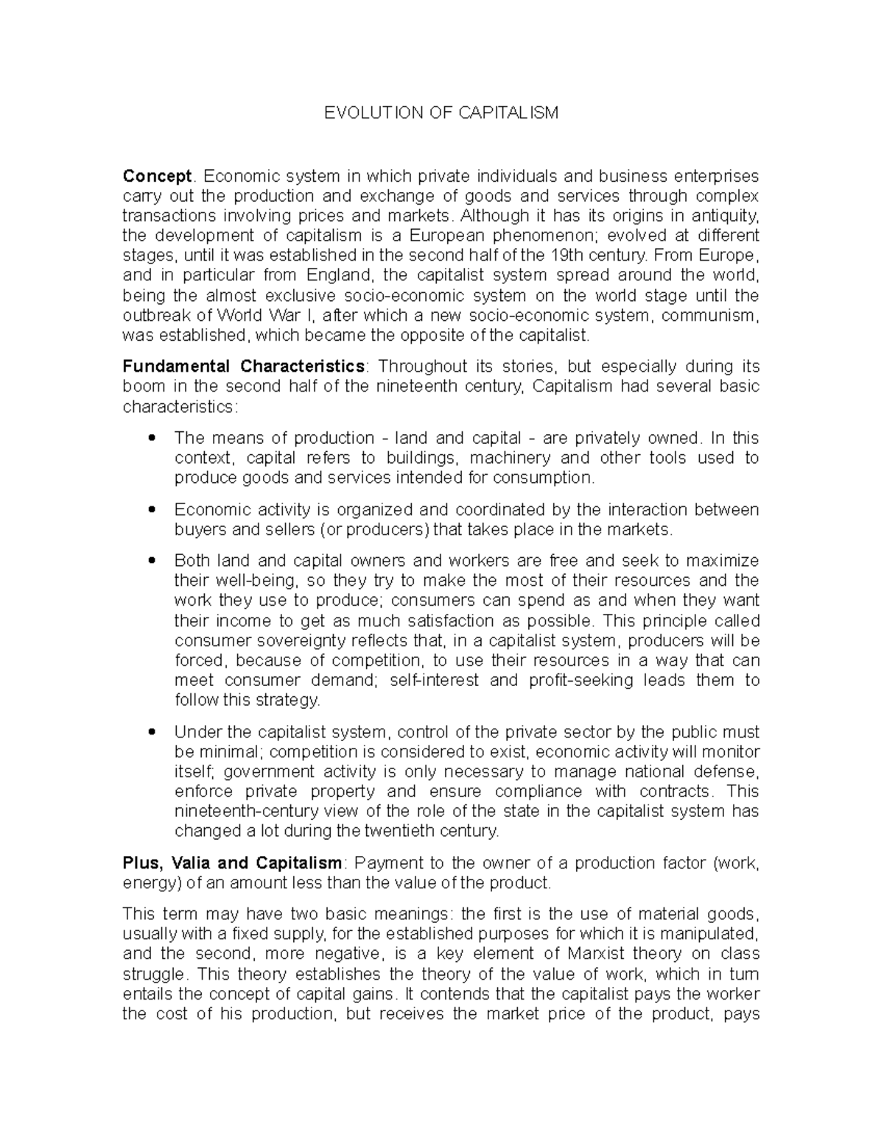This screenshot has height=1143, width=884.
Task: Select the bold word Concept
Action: pos(157,177)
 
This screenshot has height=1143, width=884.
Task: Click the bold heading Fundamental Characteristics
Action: pos(243,367)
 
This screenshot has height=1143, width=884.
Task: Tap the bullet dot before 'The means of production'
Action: pos(152,439)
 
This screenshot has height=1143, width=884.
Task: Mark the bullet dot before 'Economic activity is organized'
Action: pos(152,510)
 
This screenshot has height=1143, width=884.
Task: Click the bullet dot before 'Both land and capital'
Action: pos(152,562)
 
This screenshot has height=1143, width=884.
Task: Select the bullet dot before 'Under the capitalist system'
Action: pos(152,733)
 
